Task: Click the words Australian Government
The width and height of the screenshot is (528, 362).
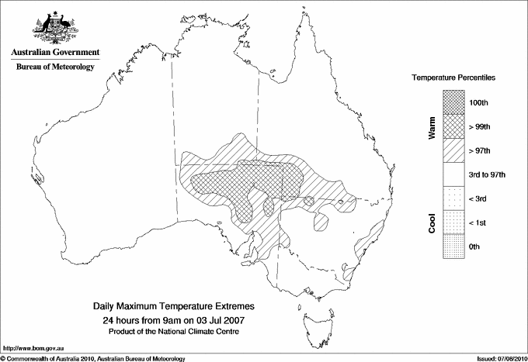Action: [54, 53]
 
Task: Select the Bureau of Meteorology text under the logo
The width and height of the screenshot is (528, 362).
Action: [54, 67]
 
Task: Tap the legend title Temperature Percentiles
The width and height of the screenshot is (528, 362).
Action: [454, 78]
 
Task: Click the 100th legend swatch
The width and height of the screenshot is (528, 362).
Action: [454, 102]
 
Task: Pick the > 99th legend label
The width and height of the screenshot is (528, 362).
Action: [481, 126]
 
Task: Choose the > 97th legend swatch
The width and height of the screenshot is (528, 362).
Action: [454, 150]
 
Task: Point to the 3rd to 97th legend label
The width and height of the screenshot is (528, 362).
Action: [488, 174]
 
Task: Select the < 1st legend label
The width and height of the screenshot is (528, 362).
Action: [479, 222]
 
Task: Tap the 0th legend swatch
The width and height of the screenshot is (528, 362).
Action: [454, 247]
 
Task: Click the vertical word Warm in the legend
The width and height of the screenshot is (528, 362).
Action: [431, 128]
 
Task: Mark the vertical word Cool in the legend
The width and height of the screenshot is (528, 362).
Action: [431, 221]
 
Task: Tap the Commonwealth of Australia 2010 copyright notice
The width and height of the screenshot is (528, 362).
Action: [92, 357]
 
